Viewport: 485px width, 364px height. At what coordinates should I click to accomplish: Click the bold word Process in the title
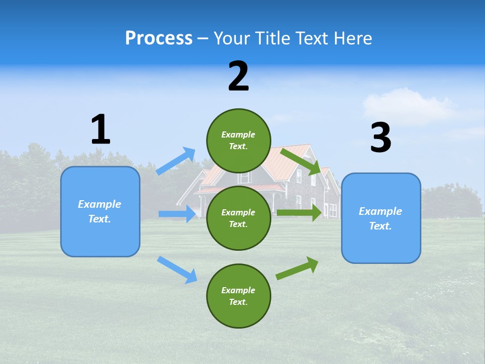[x=159, y=38]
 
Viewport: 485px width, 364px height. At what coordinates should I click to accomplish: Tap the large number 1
[x=101, y=129]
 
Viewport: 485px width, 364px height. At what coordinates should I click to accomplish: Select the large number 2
[x=238, y=76]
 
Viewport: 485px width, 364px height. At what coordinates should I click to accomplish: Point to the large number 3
[x=380, y=138]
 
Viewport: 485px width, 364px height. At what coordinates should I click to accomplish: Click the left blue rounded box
[x=100, y=211]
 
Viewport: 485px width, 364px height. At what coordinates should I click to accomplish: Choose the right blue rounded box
[x=381, y=218]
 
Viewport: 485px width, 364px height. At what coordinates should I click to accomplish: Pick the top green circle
[x=238, y=141]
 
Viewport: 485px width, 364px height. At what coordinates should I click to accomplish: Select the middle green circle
[x=238, y=218]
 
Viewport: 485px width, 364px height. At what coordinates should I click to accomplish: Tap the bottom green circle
[x=238, y=296]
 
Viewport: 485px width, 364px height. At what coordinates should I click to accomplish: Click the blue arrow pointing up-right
[x=176, y=161]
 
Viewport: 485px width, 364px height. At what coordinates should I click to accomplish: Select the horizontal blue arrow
[x=177, y=214]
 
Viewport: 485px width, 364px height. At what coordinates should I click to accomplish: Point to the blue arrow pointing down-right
[x=177, y=269]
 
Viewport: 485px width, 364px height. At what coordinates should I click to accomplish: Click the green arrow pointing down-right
[x=301, y=161]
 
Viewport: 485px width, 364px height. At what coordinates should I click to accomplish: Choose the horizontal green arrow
[x=299, y=213]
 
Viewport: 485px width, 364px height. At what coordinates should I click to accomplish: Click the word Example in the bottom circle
[x=238, y=290]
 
